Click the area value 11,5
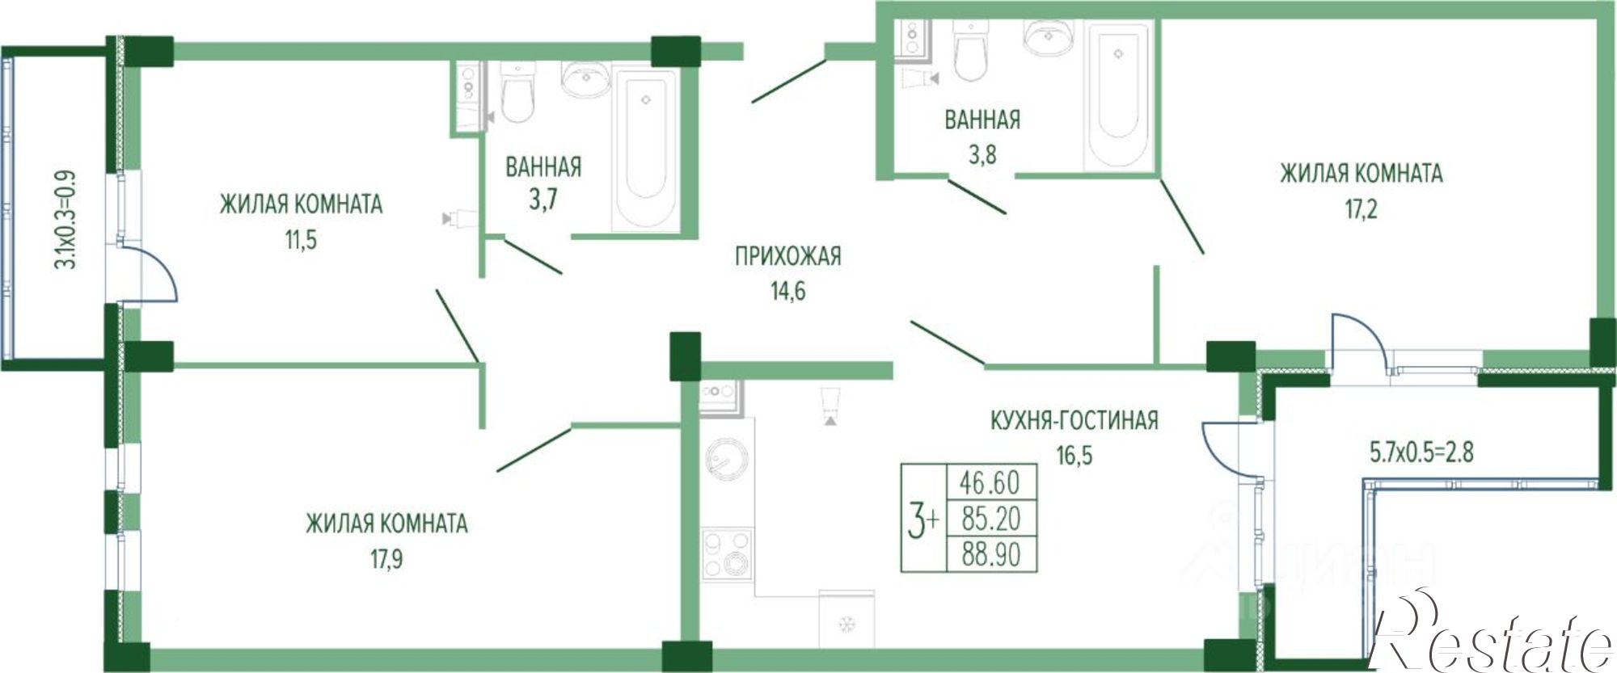click(300, 240)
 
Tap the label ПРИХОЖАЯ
click(787, 256)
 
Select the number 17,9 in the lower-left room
click(386, 559)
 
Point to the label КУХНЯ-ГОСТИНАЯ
click(1074, 420)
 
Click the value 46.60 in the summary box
click(990, 482)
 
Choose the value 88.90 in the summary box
click(990, 555)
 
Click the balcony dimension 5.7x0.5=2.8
click(1421, 452)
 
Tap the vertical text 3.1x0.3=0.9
click(68, 219)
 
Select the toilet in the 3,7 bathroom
click(517, 94)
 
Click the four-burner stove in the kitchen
click(726, 554)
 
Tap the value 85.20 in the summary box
click(990, 519)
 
